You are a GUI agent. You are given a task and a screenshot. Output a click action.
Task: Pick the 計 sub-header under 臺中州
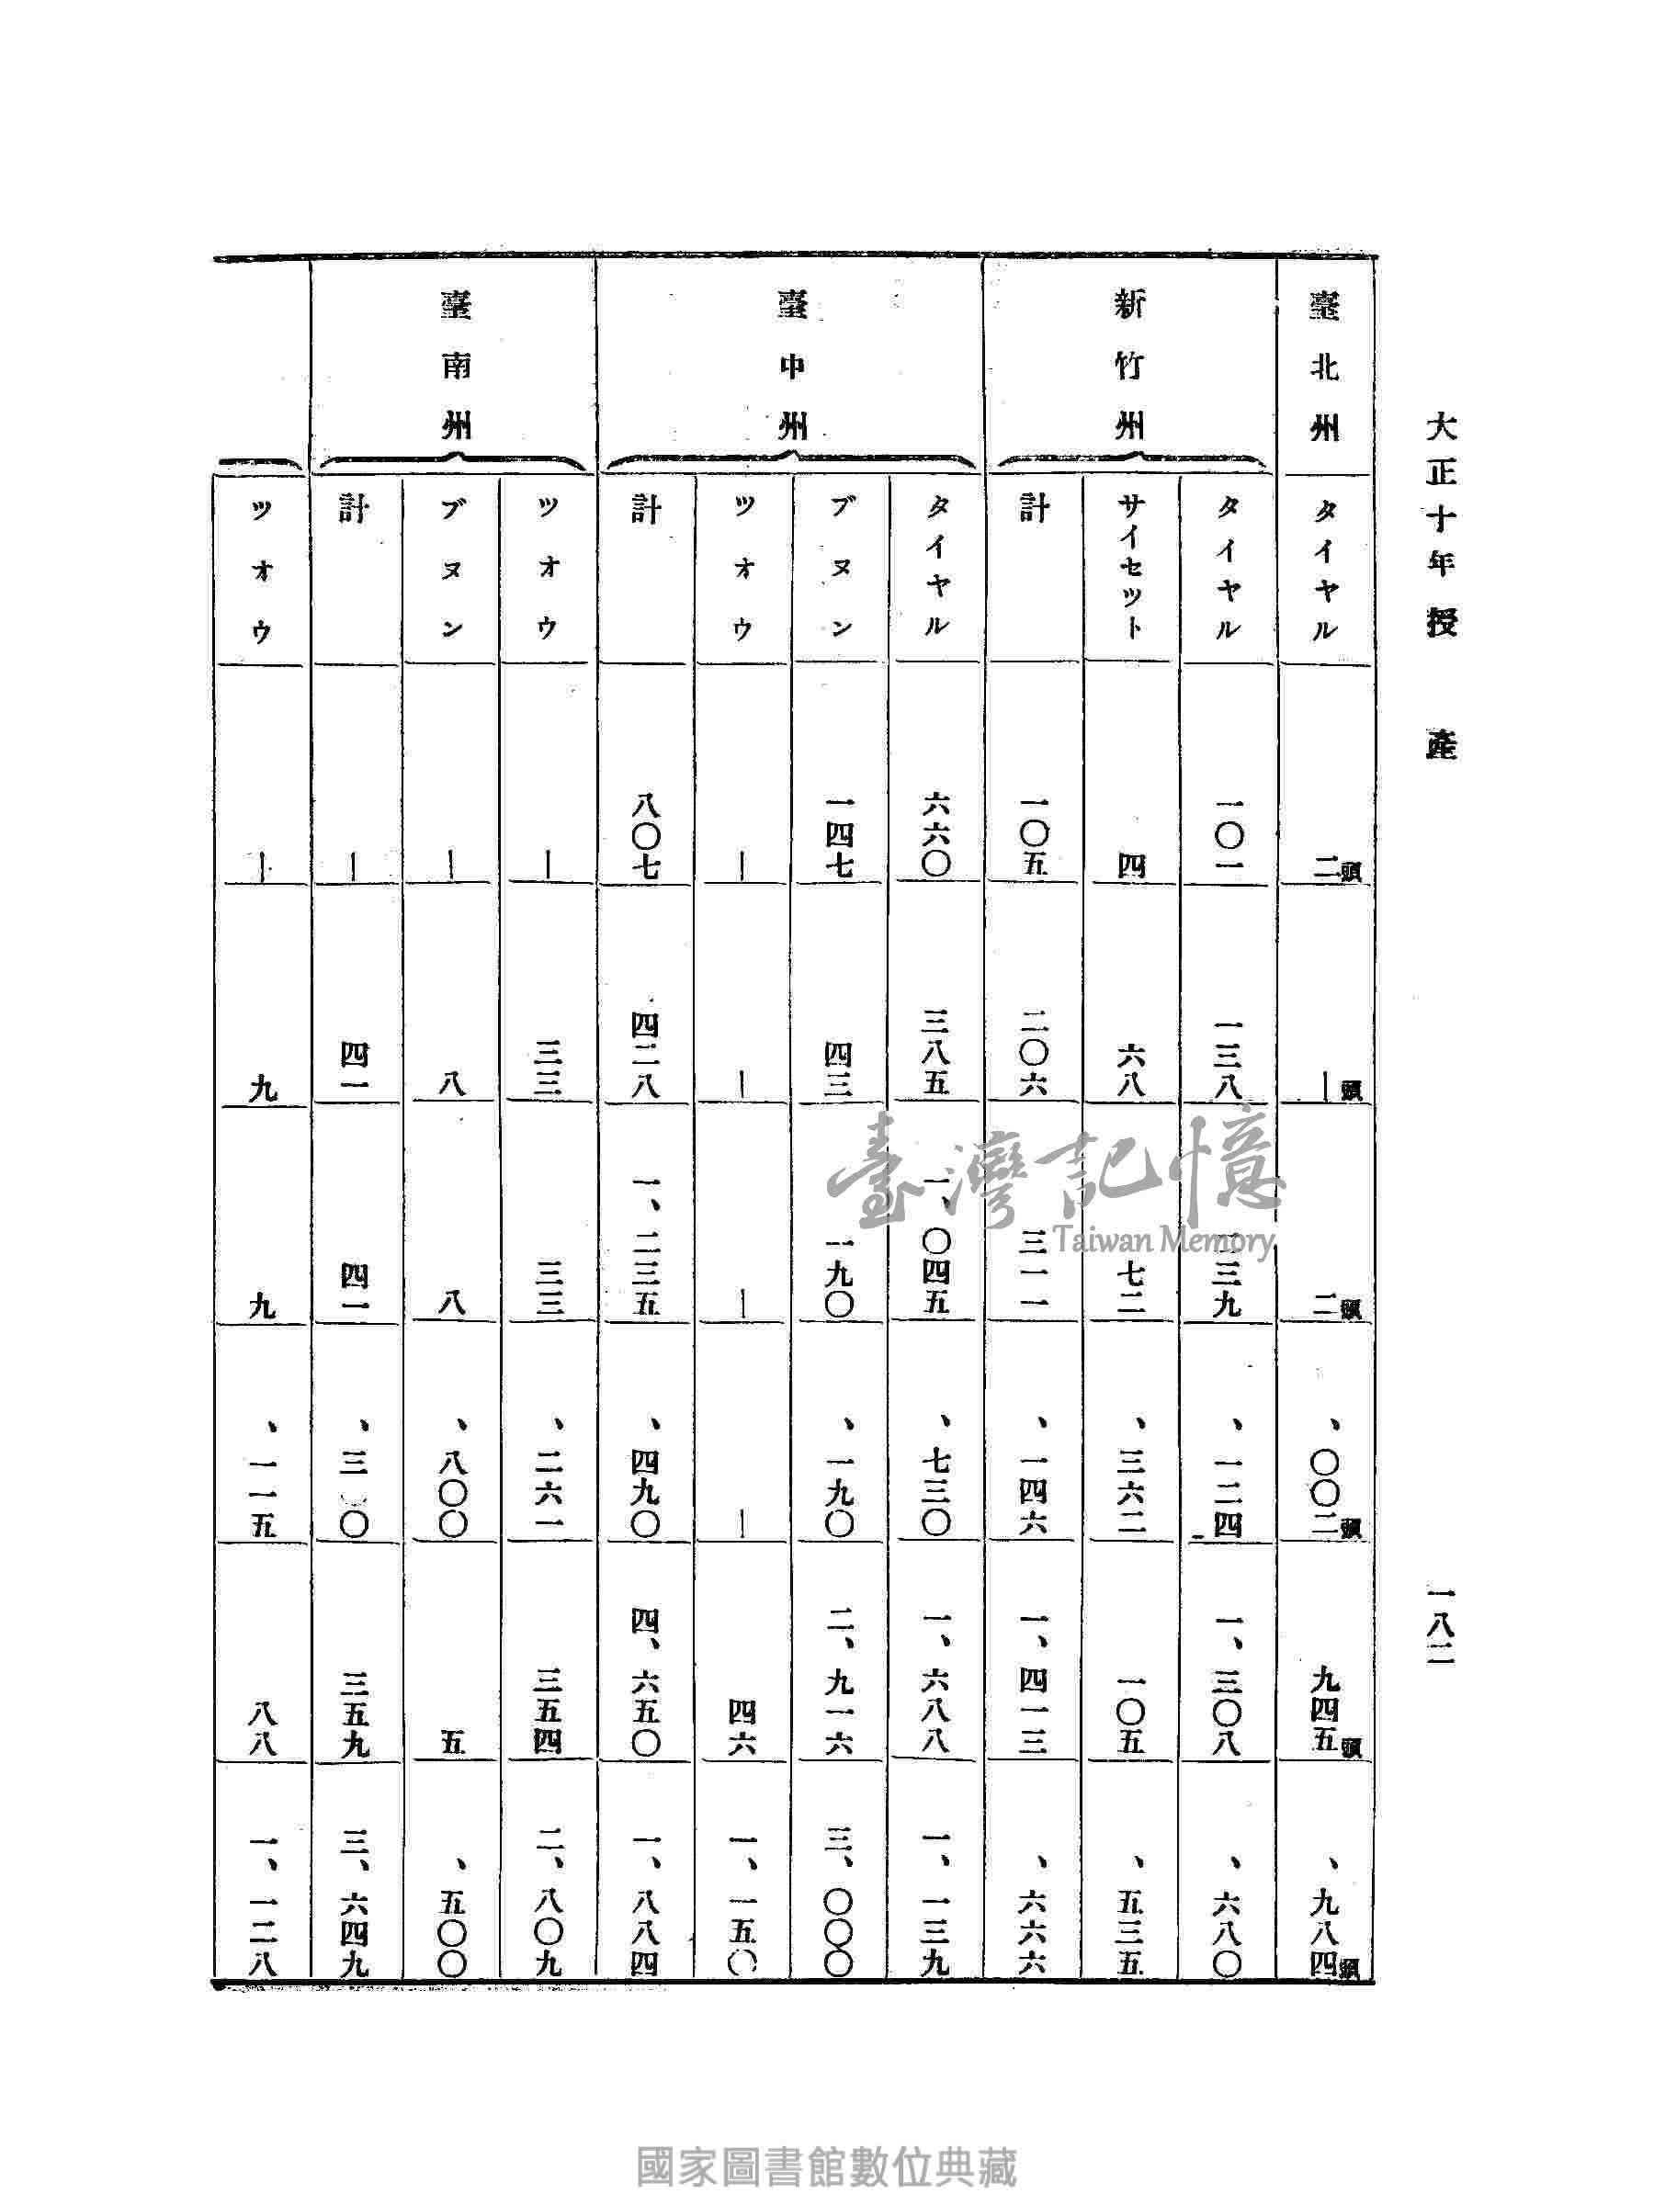coord(645,511)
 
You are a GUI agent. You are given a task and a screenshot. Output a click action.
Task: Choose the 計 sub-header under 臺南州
coord(355,511)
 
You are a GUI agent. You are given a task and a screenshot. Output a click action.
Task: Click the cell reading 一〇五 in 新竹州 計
coord(1033,837)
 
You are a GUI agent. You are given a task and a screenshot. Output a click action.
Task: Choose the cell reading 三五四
coord(549,1713)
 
